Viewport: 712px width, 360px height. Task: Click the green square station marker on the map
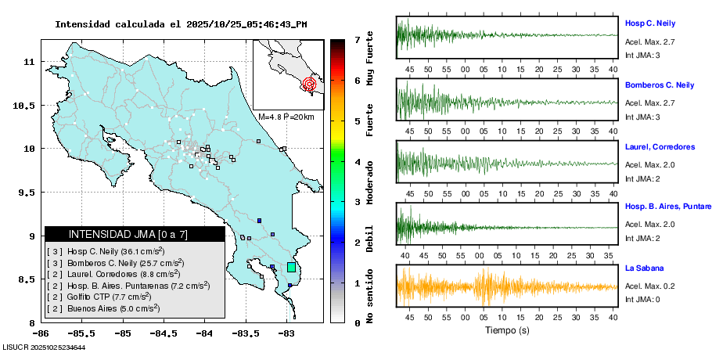[291, 267]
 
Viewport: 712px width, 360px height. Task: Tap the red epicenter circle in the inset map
[310, 82]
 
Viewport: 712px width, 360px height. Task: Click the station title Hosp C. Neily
[649, 23]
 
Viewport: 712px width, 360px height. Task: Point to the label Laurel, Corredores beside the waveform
[660, 147]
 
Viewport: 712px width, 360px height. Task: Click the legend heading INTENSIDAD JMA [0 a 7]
[128, 234]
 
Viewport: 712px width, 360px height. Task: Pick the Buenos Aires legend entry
[103, 308]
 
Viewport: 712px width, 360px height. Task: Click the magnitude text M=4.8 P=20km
[286, 117]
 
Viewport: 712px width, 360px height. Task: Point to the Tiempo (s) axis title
[505, 329]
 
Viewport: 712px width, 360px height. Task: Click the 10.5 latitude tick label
[31, 105]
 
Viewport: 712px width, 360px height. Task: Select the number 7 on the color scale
[357, 39]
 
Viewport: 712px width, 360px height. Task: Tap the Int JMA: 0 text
[643, 298]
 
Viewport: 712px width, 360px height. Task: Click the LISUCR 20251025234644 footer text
[44, 347]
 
